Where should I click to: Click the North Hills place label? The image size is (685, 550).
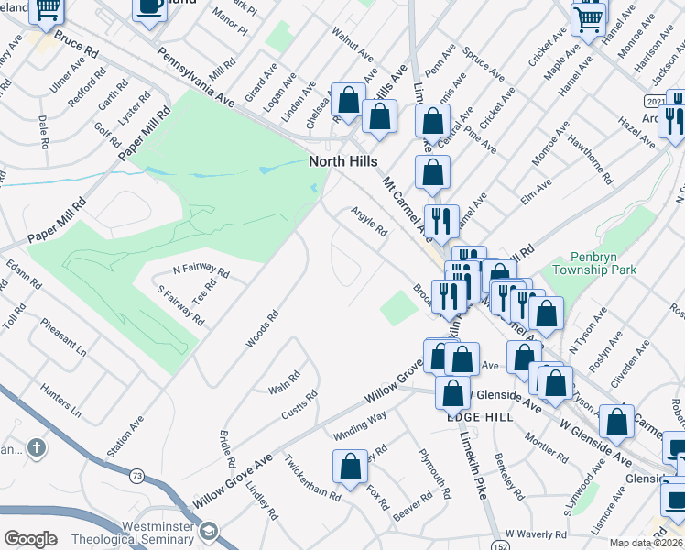343,161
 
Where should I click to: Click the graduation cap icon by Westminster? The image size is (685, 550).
211,533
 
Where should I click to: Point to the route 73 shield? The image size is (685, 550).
136,475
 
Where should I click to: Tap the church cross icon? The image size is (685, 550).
36,448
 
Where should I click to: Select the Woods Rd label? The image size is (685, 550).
261,329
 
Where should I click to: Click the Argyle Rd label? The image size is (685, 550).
369,220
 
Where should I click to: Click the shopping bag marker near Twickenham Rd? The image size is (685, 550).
350,467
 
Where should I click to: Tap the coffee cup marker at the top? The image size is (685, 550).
149,8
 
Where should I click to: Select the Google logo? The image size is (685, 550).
30,539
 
